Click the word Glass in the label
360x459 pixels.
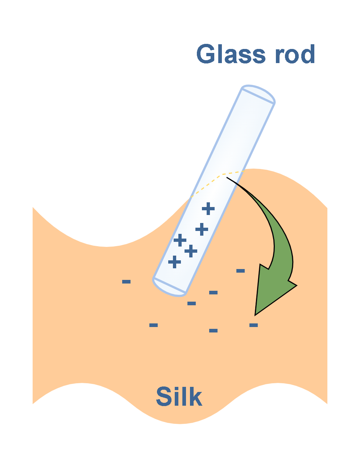coord(231,54)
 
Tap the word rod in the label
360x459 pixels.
coord(295,54)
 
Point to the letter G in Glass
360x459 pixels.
coord(206,54)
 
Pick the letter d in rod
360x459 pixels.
coord(308,54)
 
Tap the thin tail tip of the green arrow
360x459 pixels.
coord(227,177)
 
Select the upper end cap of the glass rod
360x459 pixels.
coord(258,94)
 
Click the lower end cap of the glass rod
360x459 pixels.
coord(169,288)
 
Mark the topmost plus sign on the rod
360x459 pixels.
coord(208,208)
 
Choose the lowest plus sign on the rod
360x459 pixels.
coord(174,262)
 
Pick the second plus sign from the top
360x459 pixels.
coord(202,229)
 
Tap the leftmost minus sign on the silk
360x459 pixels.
coord(126,282)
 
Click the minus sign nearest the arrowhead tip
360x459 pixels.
coord(253,325)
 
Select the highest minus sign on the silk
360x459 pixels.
coord(240,271)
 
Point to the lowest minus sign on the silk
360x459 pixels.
coord(213,331)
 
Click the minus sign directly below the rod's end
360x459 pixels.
coord(191,303)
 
